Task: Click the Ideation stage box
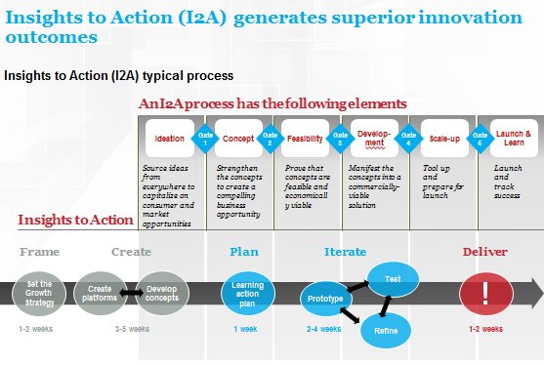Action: pyautogui.click(x=170, y=139)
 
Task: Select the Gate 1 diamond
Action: pyautogui.click(x=205, y=138)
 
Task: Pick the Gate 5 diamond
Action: pyautogui.click(x=480, y=138)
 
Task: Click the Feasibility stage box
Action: pyautogui.click(x=306, y=139)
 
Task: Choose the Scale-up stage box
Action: pyautogui.click(x=444, y=139)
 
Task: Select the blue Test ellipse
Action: pyautogui.click(x=393, y=278)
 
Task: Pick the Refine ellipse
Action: pyautogui.click(x=387, y=331)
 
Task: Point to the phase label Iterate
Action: pyautogui.click(x=345, y=252)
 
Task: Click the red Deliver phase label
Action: pyautogui.click(x=484, y=252)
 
